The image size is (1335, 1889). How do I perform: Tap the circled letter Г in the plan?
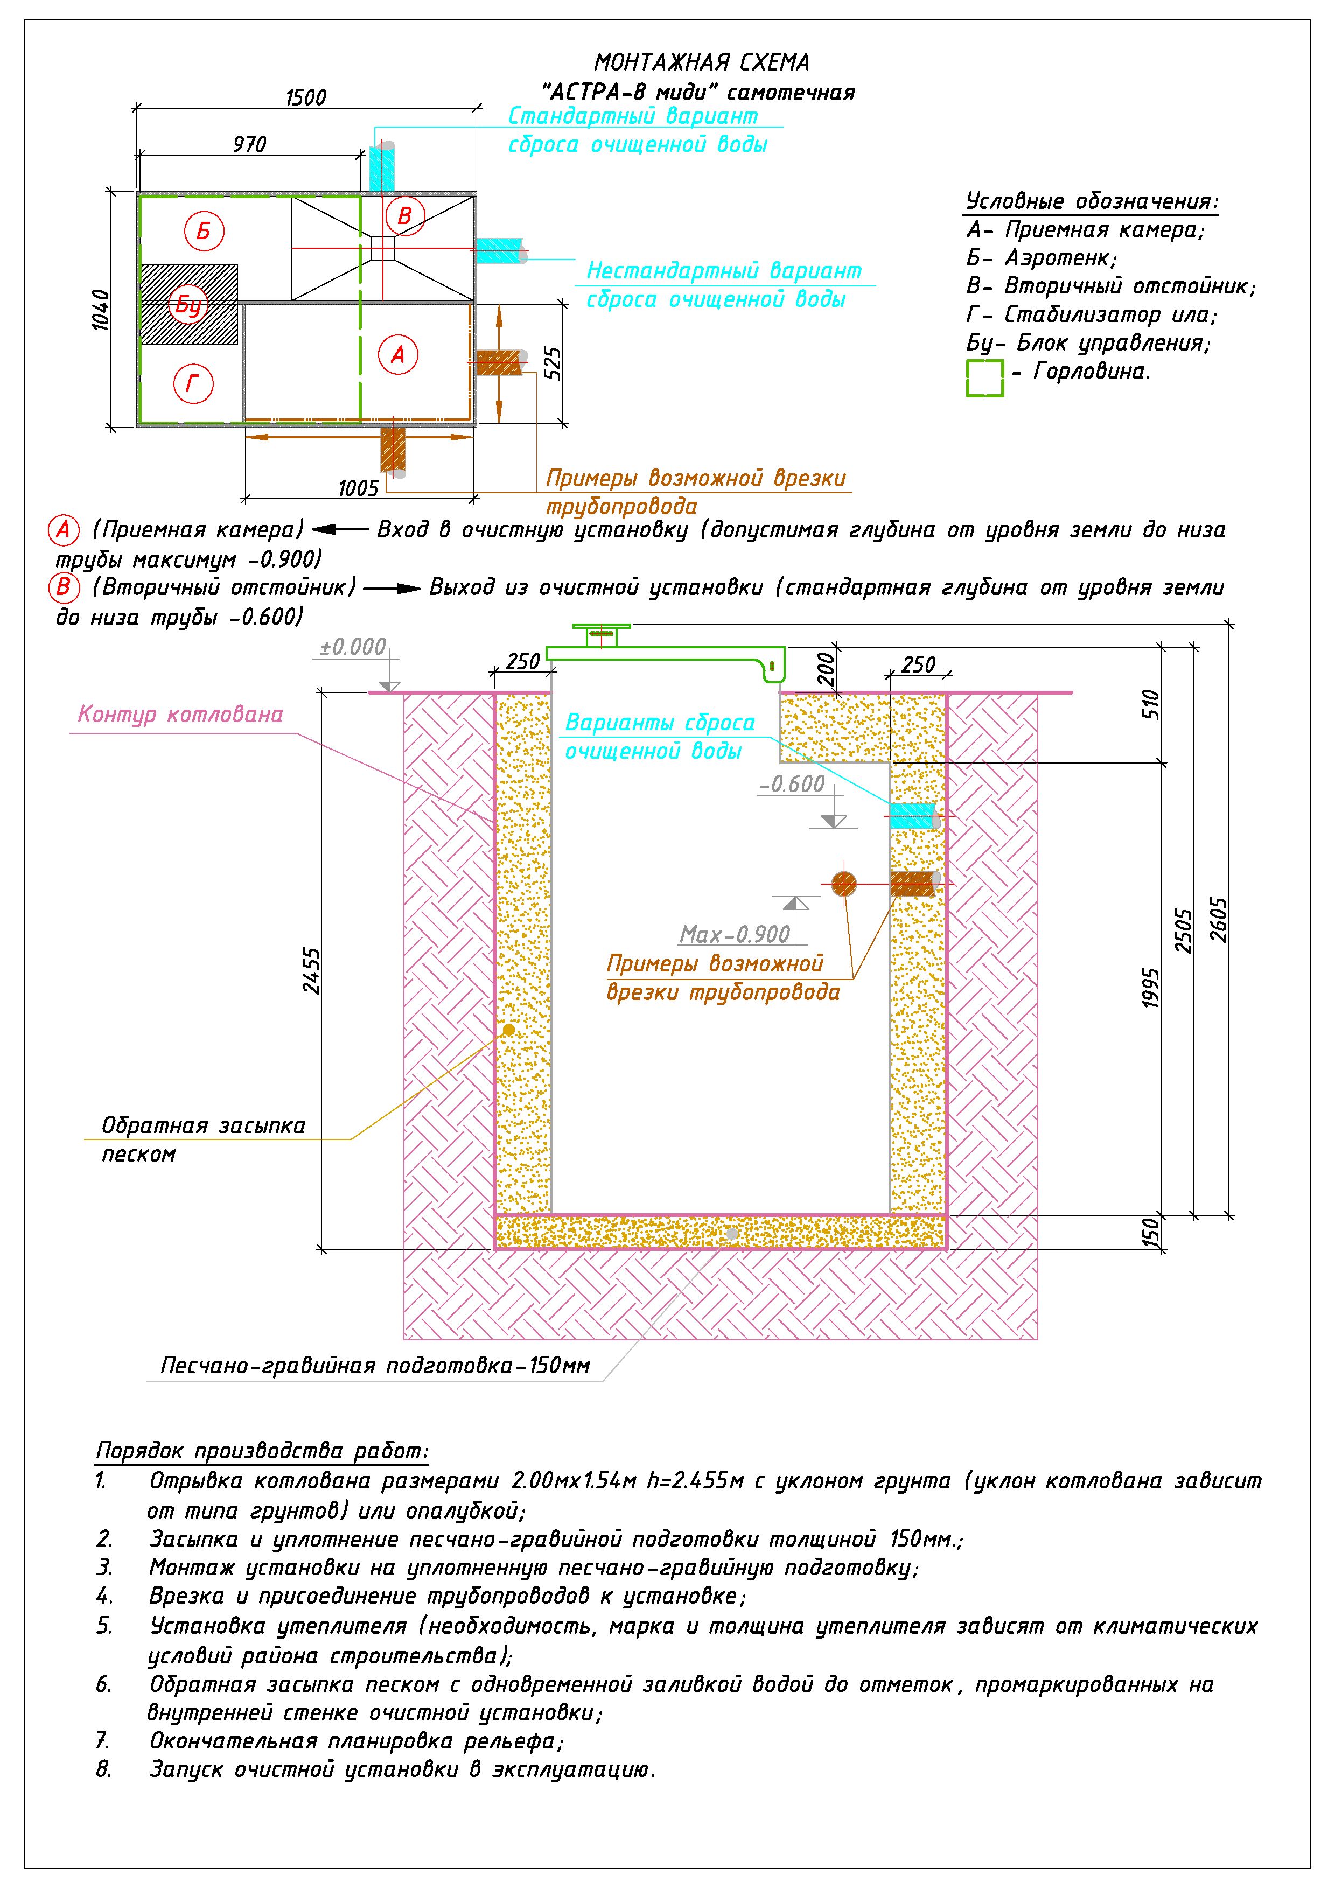pos(194,383)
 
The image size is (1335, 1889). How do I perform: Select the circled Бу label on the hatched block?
pos(188,305)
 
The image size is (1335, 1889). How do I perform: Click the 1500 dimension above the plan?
pos(306,98)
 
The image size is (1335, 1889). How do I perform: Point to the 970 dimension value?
pos(249,145)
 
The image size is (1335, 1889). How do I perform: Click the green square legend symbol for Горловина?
pos(984,377)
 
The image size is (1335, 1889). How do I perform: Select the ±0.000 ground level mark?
pos(353,647)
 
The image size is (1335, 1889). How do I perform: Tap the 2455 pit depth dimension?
pos(311,971)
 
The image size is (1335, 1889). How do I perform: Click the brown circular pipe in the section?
pos(844,884)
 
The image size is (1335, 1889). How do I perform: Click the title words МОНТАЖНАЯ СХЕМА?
pos(702,62)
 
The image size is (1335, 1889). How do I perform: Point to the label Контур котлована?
pos(180,714)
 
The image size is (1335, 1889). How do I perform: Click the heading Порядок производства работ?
pos(262,1451)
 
